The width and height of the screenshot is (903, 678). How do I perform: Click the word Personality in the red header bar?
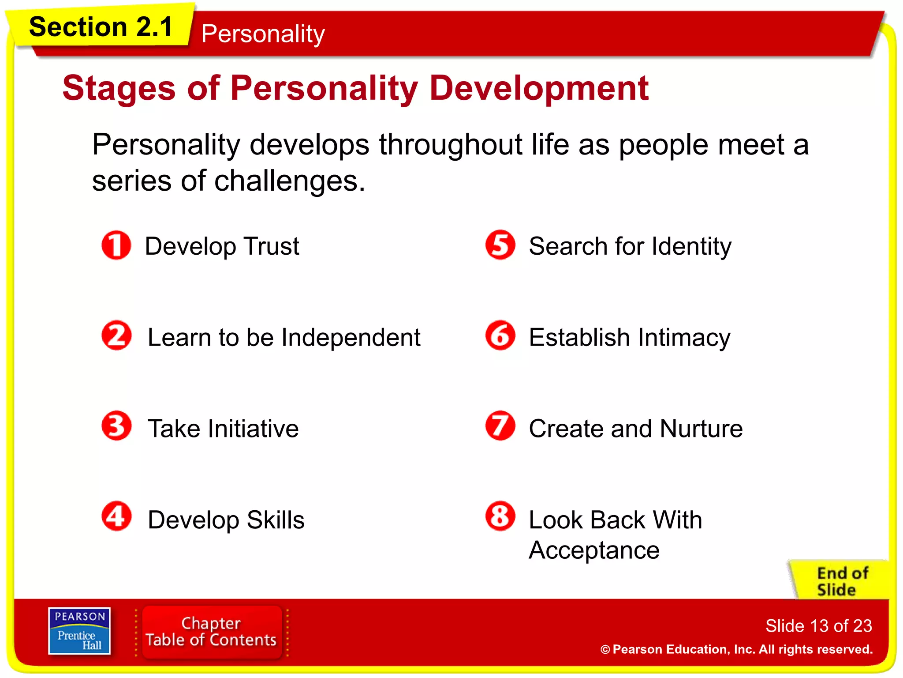(x=263, y=34)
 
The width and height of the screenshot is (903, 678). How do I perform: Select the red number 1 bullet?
(x=116, y=245)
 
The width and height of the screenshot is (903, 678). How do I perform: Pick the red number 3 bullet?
(x=116, y=426)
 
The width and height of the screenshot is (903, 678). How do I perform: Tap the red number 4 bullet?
(x=116, y=516)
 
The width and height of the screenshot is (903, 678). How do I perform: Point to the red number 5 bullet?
(x=500, y=245)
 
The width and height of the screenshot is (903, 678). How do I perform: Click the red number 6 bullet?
(x=500, y=335)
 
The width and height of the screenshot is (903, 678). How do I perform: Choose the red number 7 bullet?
(x=500, y=426)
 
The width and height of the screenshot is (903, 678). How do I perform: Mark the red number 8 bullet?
(x=500, y=516)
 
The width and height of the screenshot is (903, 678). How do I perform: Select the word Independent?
(x=351, y=338)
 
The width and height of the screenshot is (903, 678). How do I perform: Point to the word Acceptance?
(x=594, y=550)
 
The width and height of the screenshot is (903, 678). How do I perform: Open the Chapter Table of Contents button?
(x=211, y=632)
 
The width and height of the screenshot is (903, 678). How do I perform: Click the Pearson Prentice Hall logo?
(x=79, y=631)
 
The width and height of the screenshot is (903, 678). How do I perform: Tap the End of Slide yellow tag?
(x=840, y=581)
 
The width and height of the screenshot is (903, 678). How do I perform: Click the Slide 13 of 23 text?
(x=818, y=625)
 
